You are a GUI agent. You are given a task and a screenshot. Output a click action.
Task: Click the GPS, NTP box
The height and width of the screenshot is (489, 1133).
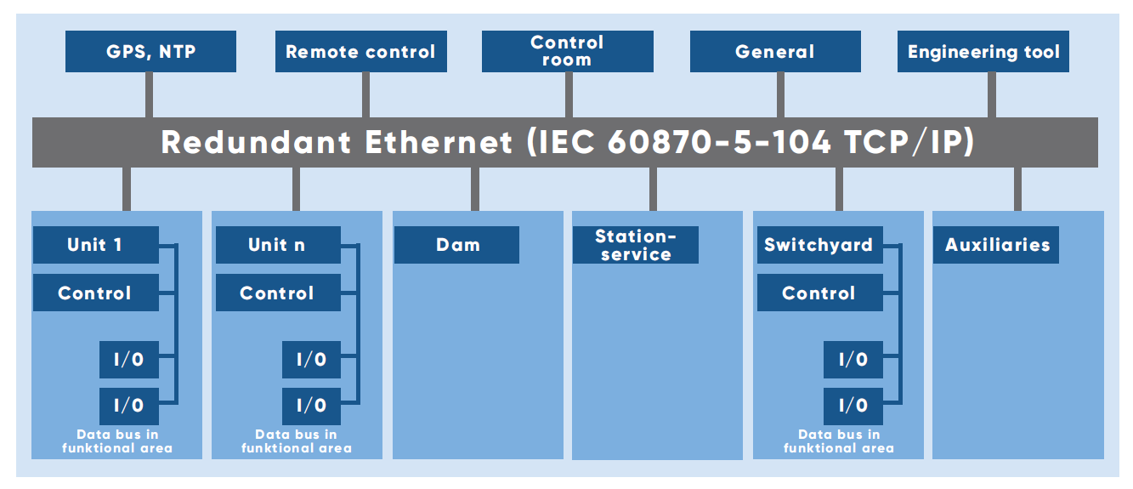150,52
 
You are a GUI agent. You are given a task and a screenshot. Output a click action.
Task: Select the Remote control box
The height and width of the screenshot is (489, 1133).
360,52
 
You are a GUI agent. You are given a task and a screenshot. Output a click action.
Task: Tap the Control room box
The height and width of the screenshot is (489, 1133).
567,52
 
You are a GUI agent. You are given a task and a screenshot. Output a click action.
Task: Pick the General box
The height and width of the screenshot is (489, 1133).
774,52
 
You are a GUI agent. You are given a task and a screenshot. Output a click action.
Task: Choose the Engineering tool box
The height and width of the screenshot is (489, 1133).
983,52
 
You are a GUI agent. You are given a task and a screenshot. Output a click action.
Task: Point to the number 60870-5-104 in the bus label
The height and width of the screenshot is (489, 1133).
719,142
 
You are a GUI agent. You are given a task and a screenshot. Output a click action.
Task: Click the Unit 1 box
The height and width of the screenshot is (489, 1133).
95,245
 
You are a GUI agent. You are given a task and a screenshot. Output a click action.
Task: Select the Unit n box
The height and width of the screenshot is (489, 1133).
277,245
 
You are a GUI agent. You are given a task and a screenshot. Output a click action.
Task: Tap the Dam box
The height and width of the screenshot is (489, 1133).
457,245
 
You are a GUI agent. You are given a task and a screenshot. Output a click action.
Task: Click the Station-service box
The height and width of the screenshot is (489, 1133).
635,245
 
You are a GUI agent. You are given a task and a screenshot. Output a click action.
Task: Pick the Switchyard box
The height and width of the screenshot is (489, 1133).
819,245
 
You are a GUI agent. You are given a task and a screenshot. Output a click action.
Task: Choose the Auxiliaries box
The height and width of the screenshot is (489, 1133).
996,245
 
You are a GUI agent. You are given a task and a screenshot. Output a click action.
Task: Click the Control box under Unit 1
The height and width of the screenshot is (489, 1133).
95,293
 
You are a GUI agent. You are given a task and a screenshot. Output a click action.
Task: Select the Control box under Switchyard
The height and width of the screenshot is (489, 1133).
819,293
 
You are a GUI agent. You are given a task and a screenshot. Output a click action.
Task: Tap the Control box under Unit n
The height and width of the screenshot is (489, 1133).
277,293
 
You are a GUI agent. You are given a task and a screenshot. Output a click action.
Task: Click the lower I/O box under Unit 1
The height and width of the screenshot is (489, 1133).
129,406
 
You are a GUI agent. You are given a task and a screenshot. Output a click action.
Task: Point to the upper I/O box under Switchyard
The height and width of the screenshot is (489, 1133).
853,360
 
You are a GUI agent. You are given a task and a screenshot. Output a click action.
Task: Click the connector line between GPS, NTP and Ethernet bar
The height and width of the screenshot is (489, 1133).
150,94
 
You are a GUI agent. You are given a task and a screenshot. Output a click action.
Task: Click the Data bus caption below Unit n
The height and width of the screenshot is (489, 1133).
296,441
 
